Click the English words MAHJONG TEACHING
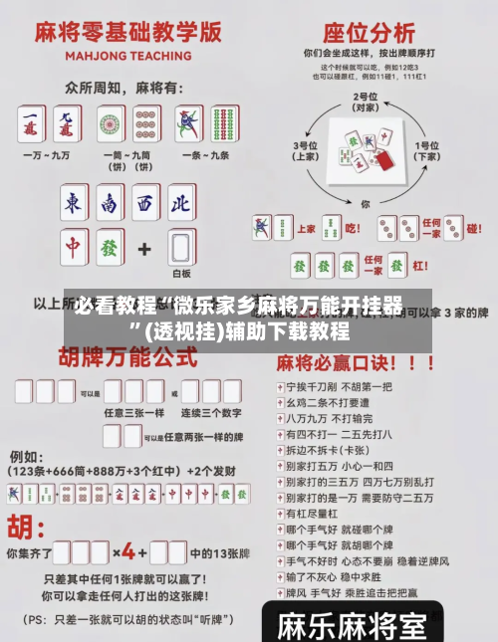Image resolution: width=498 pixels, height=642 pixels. click(119, 56)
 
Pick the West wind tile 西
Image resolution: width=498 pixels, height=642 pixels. click(145, 205)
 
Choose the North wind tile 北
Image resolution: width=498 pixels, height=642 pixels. click(180, 205)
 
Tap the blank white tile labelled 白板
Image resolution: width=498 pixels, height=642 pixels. click(180, 247)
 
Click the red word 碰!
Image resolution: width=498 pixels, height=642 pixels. click(476, 228)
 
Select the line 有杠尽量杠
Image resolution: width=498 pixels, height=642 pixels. click(318, 514)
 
